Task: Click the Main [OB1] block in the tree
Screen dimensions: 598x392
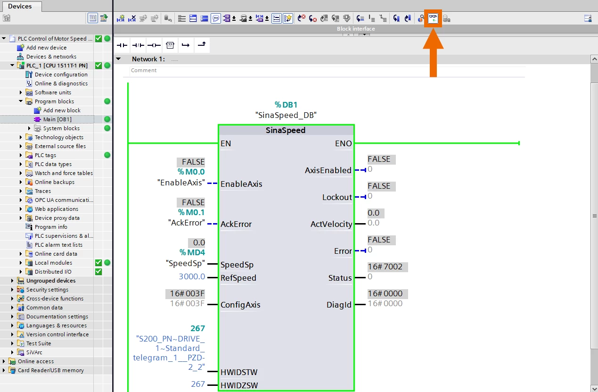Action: (x=57, y=119)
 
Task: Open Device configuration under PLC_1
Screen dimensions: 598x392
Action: (x=61, y=74)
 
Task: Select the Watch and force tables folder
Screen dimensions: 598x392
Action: (x=64, y=173)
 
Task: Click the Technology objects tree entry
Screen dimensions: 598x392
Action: (x=59, y=137)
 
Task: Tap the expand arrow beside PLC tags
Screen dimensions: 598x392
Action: (x=21, y=155)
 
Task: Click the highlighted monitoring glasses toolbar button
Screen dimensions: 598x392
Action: (x=433, y=18)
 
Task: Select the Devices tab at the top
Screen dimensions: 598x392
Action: (x=20, y=6)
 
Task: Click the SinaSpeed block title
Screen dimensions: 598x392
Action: (x=286, y=130)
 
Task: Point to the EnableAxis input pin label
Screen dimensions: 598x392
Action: (x=241, y=184)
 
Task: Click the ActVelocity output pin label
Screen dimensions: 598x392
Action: (x=331, y=224)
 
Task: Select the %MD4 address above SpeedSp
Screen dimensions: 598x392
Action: (x=192, y=252)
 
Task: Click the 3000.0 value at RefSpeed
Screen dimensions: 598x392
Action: (x=192, y=276)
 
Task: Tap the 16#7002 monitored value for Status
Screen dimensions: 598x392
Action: (x=385, y=267)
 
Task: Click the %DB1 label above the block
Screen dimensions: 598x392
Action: (x=286, y=105)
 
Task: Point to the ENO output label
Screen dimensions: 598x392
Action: (x=344, y=143)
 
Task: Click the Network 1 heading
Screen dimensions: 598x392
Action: (x=148, y=59)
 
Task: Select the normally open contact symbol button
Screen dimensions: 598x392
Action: (x=122, y=45)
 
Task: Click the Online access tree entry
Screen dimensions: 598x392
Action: (x=36, y=361)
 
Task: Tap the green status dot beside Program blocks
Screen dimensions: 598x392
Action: (x=107, y=101)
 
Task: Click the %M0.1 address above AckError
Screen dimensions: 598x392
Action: (x=191, y=212)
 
